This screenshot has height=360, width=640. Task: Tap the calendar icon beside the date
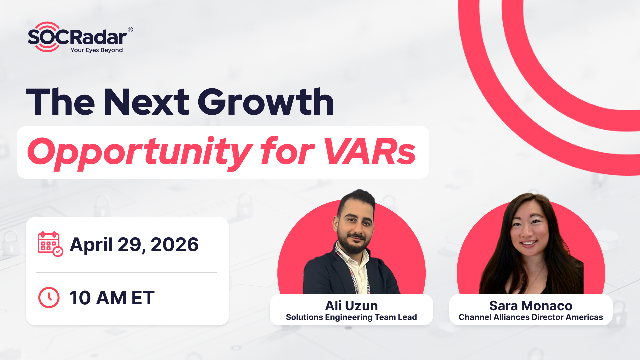coord(50,244)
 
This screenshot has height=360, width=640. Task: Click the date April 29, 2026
coord(134,244)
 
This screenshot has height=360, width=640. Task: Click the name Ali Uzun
coord(350,304)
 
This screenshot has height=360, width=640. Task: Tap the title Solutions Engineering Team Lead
coord(350,317)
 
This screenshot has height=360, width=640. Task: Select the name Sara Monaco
coord(530,304)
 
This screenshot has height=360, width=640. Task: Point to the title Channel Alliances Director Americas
coord(530,317)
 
